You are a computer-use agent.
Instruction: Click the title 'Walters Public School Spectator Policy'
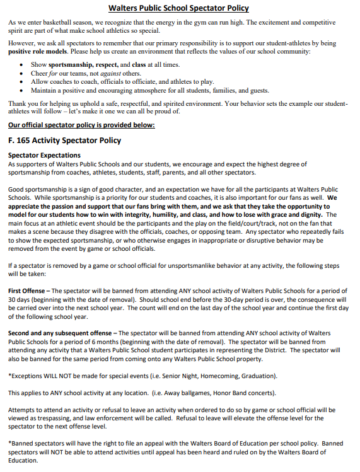(x=178, y=8)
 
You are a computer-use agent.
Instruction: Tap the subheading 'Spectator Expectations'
(x=44, y=155)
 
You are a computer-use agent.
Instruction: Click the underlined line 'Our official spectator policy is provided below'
(x=81, y=125)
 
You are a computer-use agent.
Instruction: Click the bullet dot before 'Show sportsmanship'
(x=23, y=65)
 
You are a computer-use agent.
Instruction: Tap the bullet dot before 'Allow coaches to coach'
(x=23, y=82)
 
